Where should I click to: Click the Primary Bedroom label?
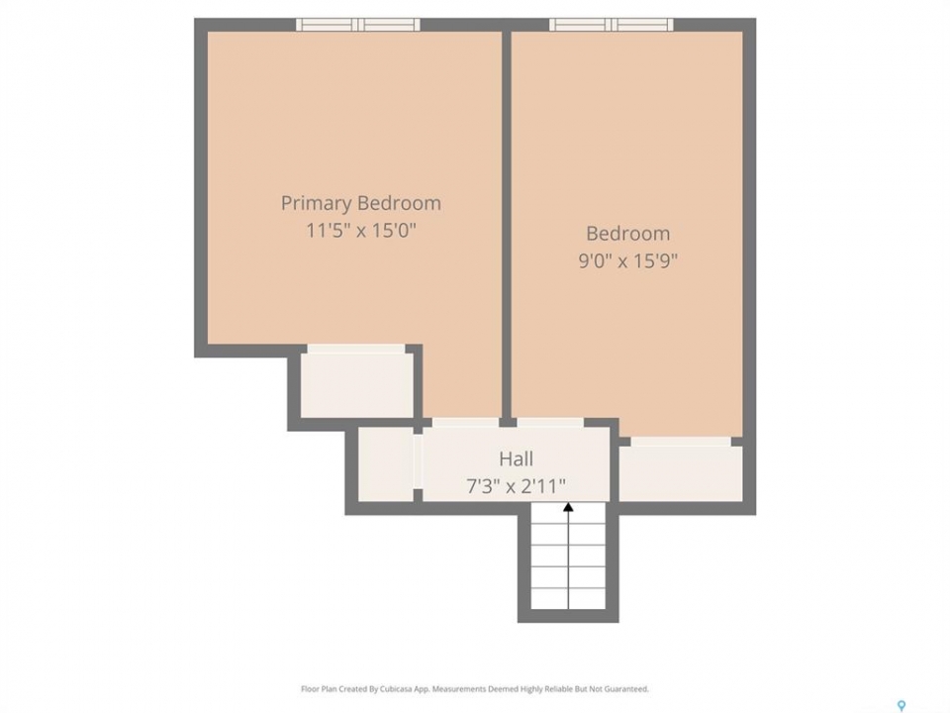[360, 202]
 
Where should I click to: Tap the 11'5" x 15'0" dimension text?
[361, 231]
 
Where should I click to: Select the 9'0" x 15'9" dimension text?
[627, 260]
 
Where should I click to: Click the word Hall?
[517, 458]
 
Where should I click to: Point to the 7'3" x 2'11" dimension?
[517, 486]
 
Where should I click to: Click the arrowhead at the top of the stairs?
[568, 507]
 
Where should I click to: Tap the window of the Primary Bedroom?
[358, 24]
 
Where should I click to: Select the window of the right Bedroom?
[612, 24]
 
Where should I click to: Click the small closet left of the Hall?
[386, 464]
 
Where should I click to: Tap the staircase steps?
[568, 555]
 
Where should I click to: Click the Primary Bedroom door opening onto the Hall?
[465, 423]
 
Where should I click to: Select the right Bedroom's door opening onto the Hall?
[550, 423]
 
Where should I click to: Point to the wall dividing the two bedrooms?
[507, 225]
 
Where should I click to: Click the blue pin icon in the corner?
[902, 706]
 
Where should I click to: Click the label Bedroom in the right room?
[627, 234]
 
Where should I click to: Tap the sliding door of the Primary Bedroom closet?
[356, 350]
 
